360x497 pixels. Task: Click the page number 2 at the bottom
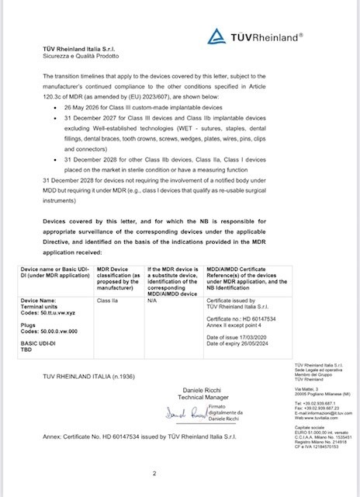tap(155, 472)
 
